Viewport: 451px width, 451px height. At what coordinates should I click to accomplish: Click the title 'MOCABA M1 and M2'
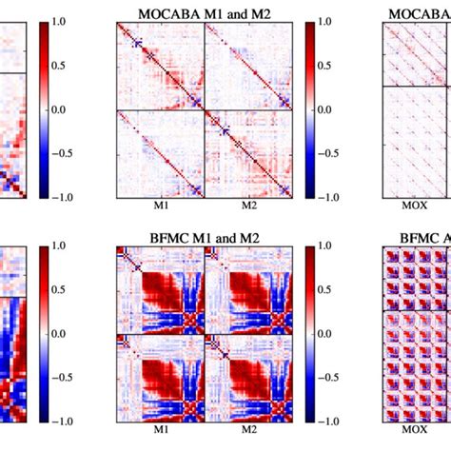coord(203,12)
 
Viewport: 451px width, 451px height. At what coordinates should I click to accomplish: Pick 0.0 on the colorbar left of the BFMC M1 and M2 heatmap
coord(66,333)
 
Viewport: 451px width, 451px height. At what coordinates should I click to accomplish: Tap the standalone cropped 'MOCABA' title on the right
coord(420,12)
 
